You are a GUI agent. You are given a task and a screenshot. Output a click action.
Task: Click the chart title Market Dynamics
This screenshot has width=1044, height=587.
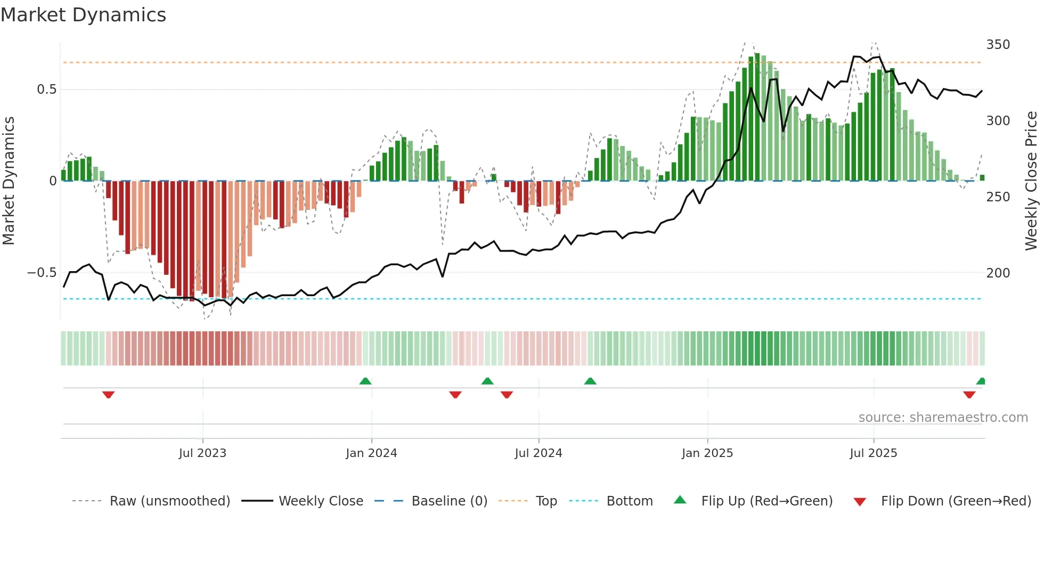pyautogui.click(x=83, y=15)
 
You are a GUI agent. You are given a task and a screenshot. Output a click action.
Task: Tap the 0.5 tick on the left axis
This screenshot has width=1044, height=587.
pyautogui.click(x=47, y=89)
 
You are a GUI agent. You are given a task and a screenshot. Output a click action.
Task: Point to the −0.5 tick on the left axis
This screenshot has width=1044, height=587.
pyautogui.click(x=42, y=273)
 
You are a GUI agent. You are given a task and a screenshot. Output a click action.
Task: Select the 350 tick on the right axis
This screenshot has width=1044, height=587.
pyautogui.click(x=998, y=45)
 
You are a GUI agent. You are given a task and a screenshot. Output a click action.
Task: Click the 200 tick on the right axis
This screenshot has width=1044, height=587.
pyautogui.click(x=998, y=273)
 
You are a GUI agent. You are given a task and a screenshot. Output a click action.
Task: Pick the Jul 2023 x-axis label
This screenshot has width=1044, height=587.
pyautogui.click(x=202, y=453)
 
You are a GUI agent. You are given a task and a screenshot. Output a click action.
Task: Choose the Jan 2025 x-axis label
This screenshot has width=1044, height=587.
pyautogui.click(x=707, y=453)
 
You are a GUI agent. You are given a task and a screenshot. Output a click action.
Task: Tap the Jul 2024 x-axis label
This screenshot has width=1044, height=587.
pyautogui.click(x=539, y=453)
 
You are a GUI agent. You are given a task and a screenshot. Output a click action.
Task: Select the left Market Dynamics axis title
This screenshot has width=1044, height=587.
pyautogui.click(x=9, y=181)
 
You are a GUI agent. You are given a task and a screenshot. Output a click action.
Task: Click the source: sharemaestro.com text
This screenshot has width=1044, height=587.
pyautogui.click(x=943, y=418)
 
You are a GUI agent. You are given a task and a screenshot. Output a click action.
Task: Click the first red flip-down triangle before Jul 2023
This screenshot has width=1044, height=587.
pyautogui.click(x=109, y=395)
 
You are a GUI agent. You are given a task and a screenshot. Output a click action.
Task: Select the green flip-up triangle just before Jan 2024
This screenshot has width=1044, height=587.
pyautogui.click(x=365, y=381)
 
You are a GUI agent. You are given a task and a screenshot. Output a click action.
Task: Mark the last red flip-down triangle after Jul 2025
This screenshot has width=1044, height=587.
pyautogui.click(x=969, y=395)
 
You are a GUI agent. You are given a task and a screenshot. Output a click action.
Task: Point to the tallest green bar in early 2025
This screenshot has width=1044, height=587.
pyautogui.click(x=757, y=117)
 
